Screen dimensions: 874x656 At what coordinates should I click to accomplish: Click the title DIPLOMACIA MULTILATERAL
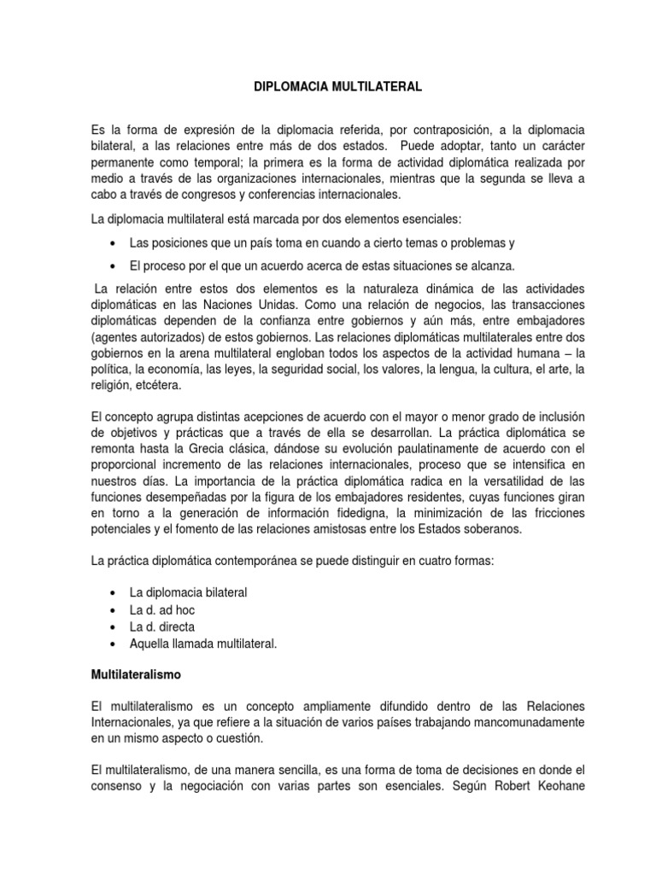(x=327, y=87)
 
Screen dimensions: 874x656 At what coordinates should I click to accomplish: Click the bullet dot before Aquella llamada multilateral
(x=114, y=644)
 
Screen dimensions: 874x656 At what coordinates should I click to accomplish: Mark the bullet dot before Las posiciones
(x=114, y=243)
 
